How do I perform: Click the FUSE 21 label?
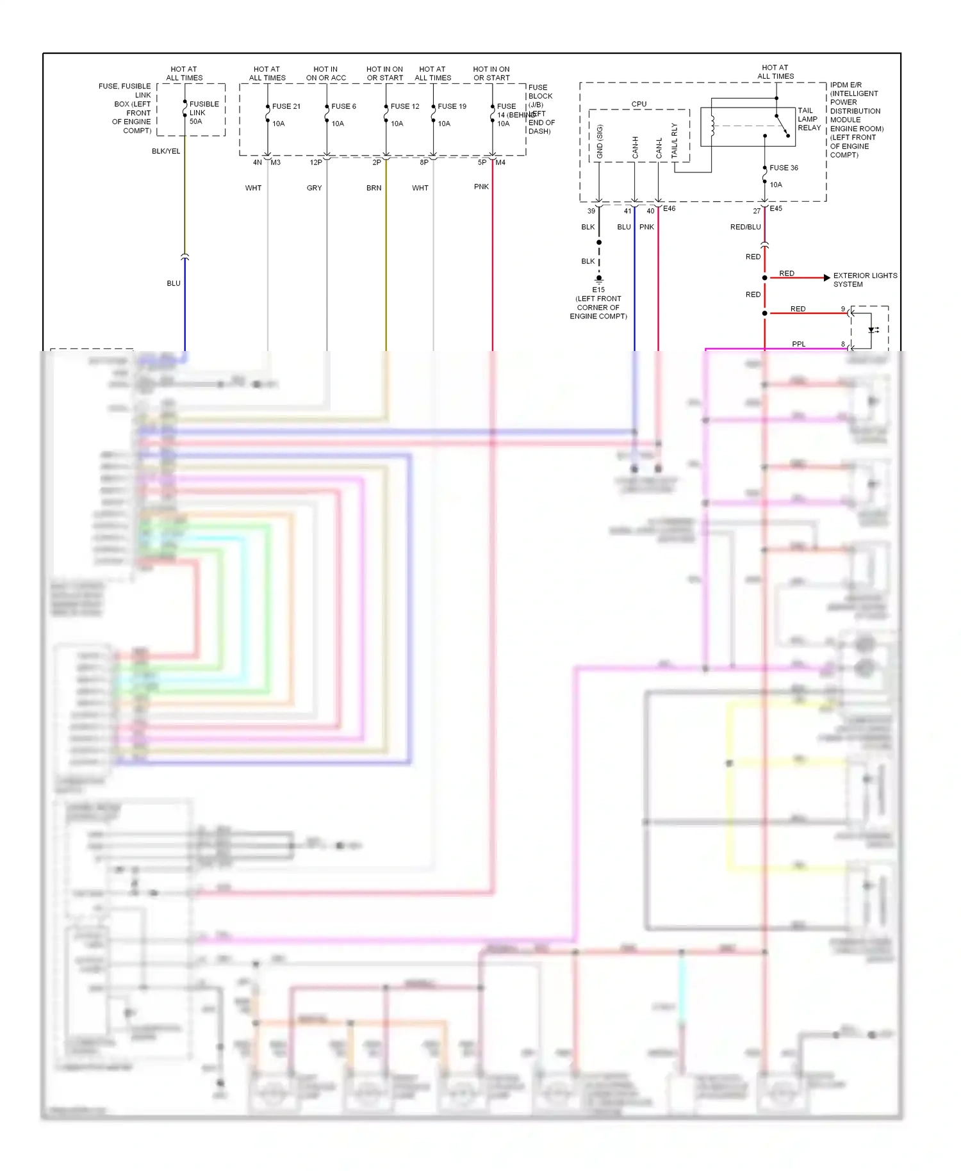tap(286, 106)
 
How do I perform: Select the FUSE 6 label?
tap(343, 106)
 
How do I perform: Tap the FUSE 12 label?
tap(405, 106)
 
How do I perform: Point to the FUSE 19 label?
tap(452, 106)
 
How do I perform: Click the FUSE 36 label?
tap(784, 168)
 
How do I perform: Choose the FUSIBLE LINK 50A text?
tap(204, 113)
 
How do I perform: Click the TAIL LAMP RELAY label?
tap(809, 119)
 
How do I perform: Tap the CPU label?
tap(639, 104)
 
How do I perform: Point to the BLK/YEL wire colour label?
tap(166, 151)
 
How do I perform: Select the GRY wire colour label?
tap(314, 188)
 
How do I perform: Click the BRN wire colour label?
tap(374, 188)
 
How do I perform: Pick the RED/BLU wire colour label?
tap(745, 227)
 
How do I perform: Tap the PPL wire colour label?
tap(798, 344)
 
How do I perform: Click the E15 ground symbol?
tap(599, 279)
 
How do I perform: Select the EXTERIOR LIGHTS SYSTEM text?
tap(865, 280)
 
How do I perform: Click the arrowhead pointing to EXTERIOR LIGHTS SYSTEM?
tap(827, 277)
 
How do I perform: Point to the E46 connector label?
tap(669, 208)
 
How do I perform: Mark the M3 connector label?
tap(275, 162)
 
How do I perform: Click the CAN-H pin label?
tap(635, 147)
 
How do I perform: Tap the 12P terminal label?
tap(316, 162)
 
